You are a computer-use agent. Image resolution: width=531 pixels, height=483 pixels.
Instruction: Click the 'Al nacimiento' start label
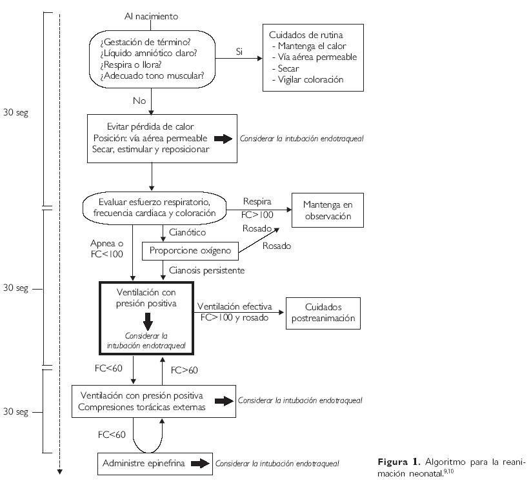click(x=151, y=15)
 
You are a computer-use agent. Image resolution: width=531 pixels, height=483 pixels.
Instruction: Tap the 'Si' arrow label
click(x=239, y=51)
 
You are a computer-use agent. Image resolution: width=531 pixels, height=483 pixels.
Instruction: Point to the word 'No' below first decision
click(x=139, y=101)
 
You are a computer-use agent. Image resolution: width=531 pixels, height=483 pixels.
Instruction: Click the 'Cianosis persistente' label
click(x=206, y=271)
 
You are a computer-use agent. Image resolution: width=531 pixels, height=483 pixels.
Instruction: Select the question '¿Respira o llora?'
click(x=131, y=64)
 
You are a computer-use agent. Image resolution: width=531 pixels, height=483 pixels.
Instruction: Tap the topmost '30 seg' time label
click(x=15, y=113)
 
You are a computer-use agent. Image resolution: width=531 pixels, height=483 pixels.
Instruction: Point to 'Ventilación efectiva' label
click(x=234, y=306)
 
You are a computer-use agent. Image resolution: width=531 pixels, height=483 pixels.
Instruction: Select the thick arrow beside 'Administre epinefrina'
click(x=201, y=463)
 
